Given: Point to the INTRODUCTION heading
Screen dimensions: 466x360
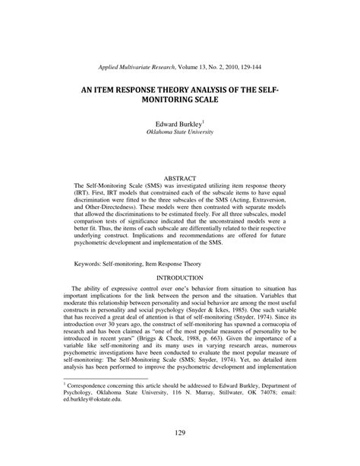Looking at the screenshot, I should point(180,278).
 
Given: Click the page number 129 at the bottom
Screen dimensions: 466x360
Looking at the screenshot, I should point(180,433).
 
